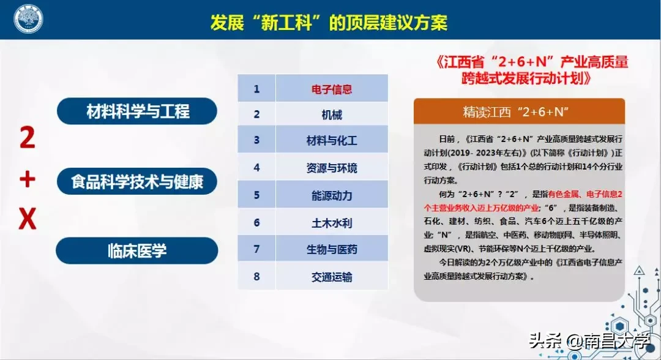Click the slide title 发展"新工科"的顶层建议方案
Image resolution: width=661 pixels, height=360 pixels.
tap(329, 23)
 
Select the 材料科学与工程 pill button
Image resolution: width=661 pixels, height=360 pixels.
tap(138, 111)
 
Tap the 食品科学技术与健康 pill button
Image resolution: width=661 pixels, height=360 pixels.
tap(137, 181)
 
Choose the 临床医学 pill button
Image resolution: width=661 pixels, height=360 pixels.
tap(137, 250)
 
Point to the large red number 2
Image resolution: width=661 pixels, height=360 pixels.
tap(27, 140)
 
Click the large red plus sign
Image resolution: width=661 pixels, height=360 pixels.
tap(28, 180)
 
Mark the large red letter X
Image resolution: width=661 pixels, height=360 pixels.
tap(28, 219)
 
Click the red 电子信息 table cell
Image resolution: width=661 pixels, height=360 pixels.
tap(332, 89)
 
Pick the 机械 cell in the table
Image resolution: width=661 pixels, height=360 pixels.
tap(332, 114)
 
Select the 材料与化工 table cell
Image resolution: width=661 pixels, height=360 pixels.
tap(332, 140)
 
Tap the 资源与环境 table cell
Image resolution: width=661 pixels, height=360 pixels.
tap(332, 168)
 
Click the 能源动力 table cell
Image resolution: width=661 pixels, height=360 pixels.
tap(332, 195)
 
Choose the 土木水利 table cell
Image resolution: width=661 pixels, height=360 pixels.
tap(332, 223)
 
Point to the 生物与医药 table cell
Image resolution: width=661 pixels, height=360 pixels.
tap(332, 249)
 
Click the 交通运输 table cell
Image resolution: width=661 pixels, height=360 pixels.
tap(332, 277)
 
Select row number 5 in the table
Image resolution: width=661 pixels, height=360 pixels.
tap(257, 195)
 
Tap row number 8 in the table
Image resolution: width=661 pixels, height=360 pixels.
tap(257, 277)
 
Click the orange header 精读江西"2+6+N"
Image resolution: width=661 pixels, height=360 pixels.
tap(519, 111)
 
